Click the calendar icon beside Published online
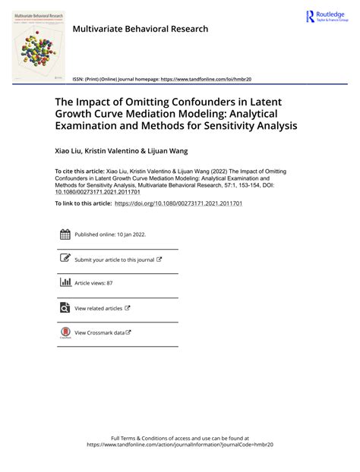[65, 234]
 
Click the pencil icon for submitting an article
[65, 259]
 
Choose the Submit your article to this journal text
[114, 260]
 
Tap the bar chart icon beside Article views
[65, 283]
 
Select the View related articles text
[98, 308]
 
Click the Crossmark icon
[65, 332]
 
